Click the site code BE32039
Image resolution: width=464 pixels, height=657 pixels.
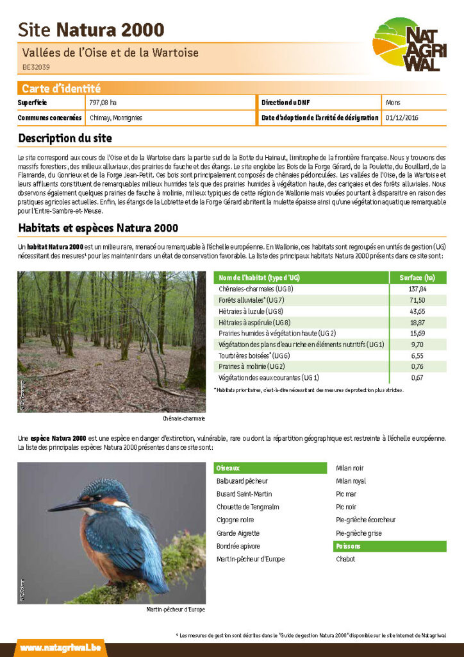tap(36, 66)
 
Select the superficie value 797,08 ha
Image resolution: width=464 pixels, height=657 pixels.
tap(103, 103)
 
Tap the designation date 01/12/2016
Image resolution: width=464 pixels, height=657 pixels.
tap(402, 118)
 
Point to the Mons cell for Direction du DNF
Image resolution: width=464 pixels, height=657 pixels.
tap(393, 103)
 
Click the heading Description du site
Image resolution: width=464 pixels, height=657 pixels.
tap(65, 138)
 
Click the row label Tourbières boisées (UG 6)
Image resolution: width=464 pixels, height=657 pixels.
tap(255, 355)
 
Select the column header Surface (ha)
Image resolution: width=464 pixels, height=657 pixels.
tap(417, 278)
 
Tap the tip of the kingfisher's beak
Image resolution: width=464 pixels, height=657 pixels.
tap(49, 510)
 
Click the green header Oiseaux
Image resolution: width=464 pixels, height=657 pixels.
tap(229, 468)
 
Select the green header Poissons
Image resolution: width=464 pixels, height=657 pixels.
tap(348, 546)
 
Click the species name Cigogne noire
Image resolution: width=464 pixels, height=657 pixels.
tap(235, 520)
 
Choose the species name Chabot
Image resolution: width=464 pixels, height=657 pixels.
tap(345, 559)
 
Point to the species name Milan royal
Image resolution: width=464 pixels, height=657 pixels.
tap(351, 481)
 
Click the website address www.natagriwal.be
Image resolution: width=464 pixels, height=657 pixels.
tap(60, 648)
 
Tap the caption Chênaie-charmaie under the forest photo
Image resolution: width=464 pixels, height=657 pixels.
tap(184, 418)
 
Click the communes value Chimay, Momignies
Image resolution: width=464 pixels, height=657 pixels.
tap(116, 118)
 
